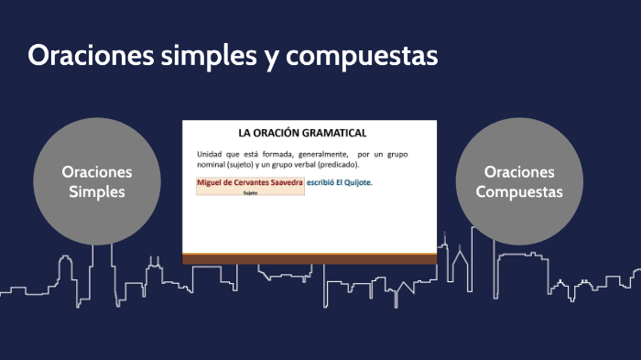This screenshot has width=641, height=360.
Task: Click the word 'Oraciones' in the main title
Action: pos(83,56)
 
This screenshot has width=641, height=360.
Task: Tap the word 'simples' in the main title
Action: pos(194,56)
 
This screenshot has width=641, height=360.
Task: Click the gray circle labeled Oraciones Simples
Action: pos(96,181)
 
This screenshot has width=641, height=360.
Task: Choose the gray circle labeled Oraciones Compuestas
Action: pos(519,181)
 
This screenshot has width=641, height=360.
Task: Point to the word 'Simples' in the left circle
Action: pos(96,191)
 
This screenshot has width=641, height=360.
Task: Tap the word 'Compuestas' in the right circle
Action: pos(519,191)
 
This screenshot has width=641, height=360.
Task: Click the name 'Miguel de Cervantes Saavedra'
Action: pos(250,182)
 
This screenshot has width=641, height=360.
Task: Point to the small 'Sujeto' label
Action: pos(250,193)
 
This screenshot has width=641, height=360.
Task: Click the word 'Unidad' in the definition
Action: pos(210,153)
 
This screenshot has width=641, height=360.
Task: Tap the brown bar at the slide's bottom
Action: pos(310,258)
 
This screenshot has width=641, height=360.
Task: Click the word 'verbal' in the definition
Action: pos(301,164)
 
